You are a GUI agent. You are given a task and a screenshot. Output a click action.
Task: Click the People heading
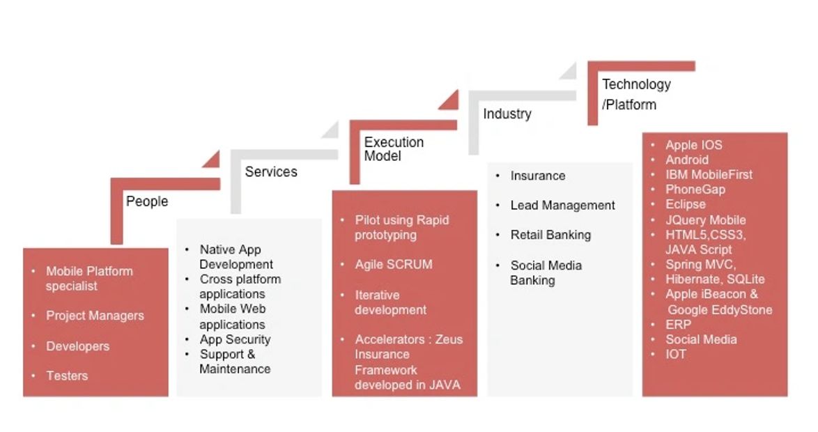click(x=147, y=201)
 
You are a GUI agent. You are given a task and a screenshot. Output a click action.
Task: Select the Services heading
click(x=271, y=171)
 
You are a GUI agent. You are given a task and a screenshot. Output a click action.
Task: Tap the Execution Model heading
click(x=394, y=148)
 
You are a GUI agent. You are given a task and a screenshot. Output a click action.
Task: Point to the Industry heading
click(x=507, y=114)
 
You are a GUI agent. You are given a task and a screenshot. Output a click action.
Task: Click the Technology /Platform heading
click(x=636, y=95)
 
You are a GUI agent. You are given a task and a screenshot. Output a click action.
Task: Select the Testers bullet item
click(x=67, y=376)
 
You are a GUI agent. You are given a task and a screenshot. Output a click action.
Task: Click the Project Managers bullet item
click(x=95, y=316)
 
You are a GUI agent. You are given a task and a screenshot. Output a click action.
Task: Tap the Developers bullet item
click(x=78, y=346)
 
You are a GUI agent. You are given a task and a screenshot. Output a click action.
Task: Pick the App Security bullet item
click(x=236, y=339)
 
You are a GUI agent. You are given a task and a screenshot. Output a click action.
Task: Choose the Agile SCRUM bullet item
click(x=394, y=265)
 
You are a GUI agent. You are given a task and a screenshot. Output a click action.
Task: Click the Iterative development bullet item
click(x=391, y=302)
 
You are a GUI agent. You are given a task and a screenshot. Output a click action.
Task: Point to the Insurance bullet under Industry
click(x=538, y=176)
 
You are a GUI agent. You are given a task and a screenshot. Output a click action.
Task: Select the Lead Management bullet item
click(x=563, y=206)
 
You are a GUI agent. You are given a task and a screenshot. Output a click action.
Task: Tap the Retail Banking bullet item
click(x=551, y=236)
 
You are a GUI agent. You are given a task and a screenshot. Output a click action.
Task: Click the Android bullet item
click(x=687, y=160)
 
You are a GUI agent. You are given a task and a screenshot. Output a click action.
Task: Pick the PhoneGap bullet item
click(x=695, y=190)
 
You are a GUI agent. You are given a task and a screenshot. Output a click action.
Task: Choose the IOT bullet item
click(x=676, y=354)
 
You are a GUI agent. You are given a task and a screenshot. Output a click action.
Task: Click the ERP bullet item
click(x=678, y=325)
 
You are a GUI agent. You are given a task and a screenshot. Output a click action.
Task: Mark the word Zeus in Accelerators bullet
click(x=449, y=339)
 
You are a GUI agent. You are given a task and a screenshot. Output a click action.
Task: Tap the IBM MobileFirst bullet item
click(x=709, y=175)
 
